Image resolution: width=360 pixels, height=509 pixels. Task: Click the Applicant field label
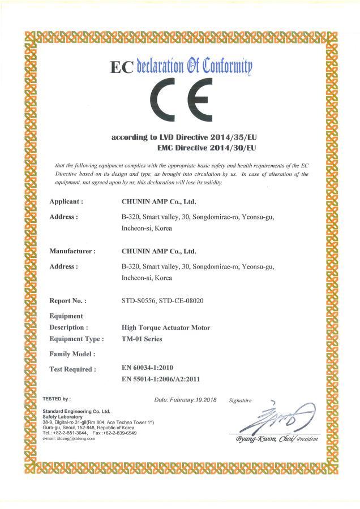coord(67,201)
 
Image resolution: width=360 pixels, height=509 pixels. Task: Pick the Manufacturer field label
coord(72,251)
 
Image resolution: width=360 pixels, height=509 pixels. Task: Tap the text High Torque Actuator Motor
coord(166,327)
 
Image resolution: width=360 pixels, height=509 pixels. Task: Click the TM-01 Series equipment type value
coord(142,339)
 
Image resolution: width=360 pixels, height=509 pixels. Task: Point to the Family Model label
coord(72,353)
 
